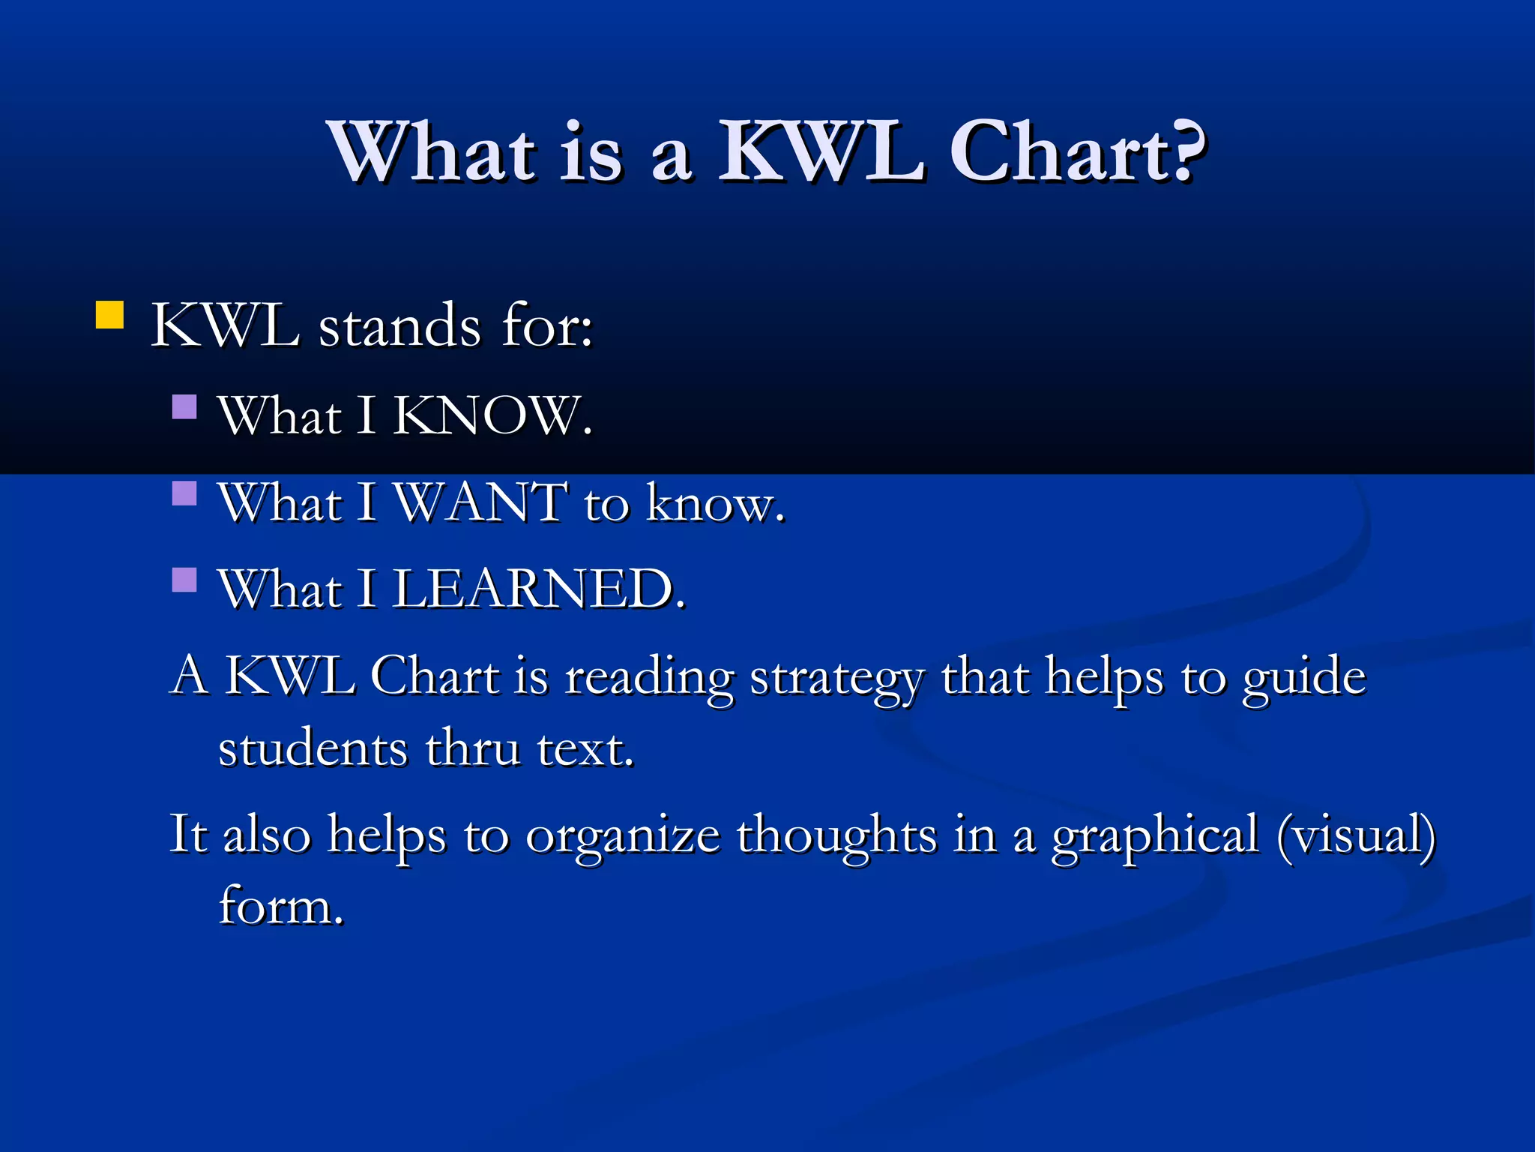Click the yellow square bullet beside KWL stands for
[x=109, y=316]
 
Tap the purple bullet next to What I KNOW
[x=184, y=407]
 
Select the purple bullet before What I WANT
[x=184, y=493]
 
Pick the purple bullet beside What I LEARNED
[x=184, y=580]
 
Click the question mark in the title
[x=1186, y=152]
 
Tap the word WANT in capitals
[x=480, y=502]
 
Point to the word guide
[x=1304, y=677]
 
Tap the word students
[x=313, y=748]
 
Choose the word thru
[x=472, y=748]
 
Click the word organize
[x=622, y=836]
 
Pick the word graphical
[x=1155, y=836]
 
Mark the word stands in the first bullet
[x=399, y=327]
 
